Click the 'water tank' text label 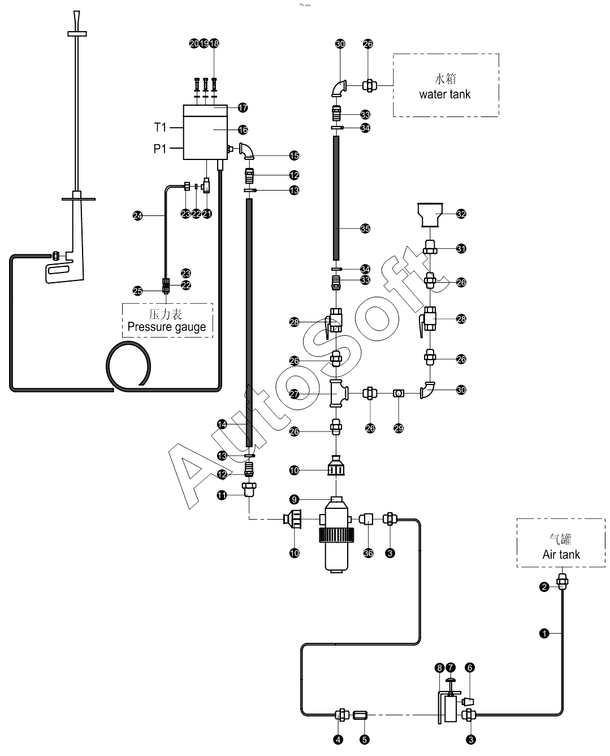(x=444, y=94)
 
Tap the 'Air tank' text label (x=561, y=554)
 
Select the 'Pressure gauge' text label (x=166, y=327)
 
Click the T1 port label (x=160, y=127)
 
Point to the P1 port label (x=159, y=148)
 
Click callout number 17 (x=243, y=107)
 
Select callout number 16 (x=243, y=130)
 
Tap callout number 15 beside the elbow (x=294, y=155)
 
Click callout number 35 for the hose (x=365, y=228)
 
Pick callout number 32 (x=461, y=214)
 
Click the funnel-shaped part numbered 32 (x=430, y=215)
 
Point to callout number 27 (x=294, y=394)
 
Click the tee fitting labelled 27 (x=338, y=393)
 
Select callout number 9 (x=294, y=499)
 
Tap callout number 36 (x=369, y=553)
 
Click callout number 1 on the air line (x=544, y=633)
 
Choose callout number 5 (x=365, y=740)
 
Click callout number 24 (x=138, y=215)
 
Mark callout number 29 (x=399, y=428)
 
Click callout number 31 (x=461, y=248)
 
